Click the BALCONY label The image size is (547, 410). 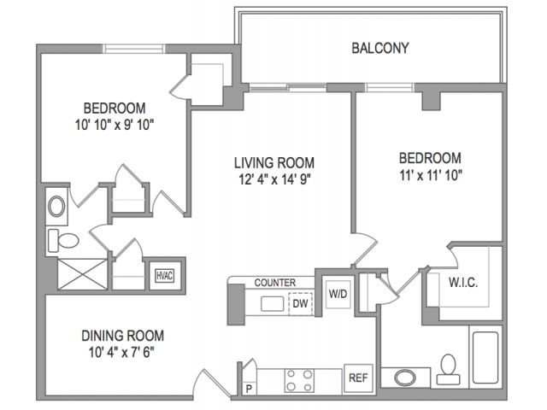[379, 48]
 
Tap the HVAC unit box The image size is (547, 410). [165, 276]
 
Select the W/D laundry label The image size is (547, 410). [338, 294]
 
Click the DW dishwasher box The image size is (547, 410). [300, 304]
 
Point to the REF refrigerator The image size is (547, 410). [358, 378]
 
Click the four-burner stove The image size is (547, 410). [299, 381]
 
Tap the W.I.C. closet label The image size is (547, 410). [463, 283]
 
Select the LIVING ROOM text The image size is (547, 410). [274, 163]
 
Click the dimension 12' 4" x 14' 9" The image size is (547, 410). [274, 179]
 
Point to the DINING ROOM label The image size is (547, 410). [122, 336]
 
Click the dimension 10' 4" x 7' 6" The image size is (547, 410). [121, 352]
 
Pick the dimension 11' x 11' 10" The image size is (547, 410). [431, 175]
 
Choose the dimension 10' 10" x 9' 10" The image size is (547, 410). [115, 125]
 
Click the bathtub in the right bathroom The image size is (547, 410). [485, 357]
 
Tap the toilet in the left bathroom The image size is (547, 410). [63, 240]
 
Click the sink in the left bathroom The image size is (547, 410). [56, 207]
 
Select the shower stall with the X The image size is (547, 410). [82, 274]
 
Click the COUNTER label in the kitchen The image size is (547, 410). [275, 283]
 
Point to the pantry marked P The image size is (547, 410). [249, 389]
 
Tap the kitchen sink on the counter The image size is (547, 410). [273, 304]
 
